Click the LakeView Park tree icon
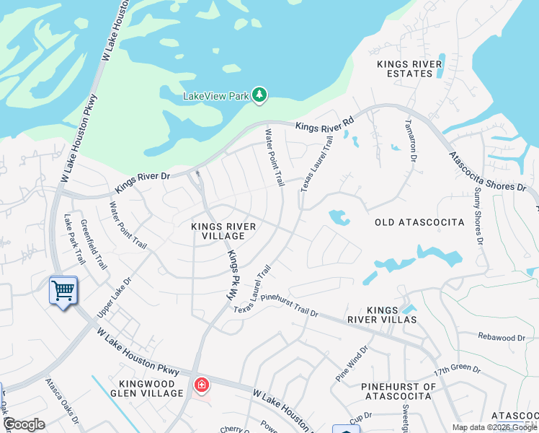pyautogui.click(x=259, y=95)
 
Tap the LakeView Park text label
pyautogui.click(x=215, y=95)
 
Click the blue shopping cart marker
pyautogui.click(x=63, y=291)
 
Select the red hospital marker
pyautogui.click(x=201, y=385)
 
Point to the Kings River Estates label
pyautogui.click(x=409, y=69)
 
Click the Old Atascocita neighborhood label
pyautogui.click(x=419, y=222)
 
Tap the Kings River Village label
pyautogui.click(x=223, y=231)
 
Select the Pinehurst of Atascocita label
pyautogui.click(x=398, y=391)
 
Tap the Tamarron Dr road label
pyautogui.click(x=411, y=140)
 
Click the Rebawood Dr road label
pyautogui.click(x=502, y=337)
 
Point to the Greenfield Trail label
pyautogui.click(x=93, y=245)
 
